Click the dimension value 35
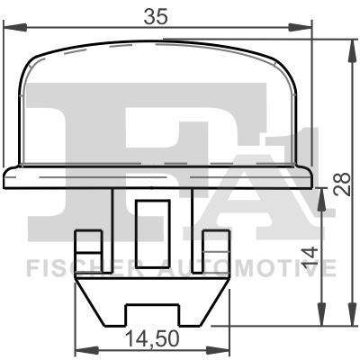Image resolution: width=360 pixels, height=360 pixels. click(155, 16)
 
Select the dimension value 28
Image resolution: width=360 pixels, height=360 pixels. click(342, 184)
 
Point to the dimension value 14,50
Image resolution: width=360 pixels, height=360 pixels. click(152, 338)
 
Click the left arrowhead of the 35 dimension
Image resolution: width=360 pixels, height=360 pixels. click(14, 27)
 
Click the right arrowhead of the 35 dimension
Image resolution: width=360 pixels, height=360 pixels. click(300, 27)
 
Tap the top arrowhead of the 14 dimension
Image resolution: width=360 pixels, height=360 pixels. click(322, 200)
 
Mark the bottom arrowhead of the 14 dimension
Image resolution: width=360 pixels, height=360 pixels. click(322, 314)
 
